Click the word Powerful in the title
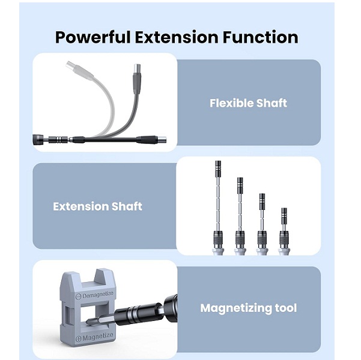93,37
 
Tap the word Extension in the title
177,37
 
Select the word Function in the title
261,37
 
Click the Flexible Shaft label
248,103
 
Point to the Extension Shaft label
97,206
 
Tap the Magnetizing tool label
249,308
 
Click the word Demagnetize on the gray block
98,295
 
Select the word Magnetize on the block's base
98,337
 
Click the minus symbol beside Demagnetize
79,296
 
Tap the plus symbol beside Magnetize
79,338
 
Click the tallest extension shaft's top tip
218,161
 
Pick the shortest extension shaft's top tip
284,209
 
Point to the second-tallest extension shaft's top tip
240,178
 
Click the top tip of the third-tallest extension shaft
262,194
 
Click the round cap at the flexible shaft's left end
37,140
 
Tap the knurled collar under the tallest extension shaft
218,239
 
